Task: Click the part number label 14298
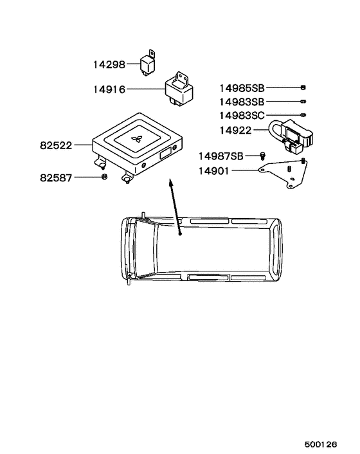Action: (x=109, y=64)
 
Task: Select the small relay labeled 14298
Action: (x=148, y=63)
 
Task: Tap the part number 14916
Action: (x=109, y=89)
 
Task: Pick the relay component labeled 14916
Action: (x=179, y=89)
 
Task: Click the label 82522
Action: (x=56, y=145)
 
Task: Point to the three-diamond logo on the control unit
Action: (x=136, y=140)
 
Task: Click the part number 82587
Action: (x=56, y=177)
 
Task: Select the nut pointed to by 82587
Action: (x=105, y=176)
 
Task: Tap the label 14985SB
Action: (x=242, y=88)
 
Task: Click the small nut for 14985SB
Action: (x=303, y=87)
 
